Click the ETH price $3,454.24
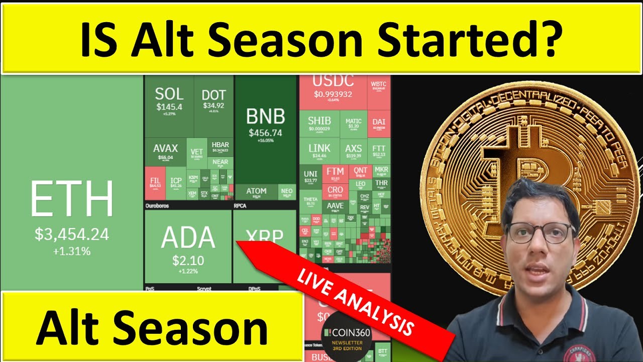click(72, 234)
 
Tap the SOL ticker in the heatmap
click(169, 94)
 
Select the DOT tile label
click(213, 95)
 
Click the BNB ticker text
click(265, 117)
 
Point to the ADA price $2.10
click(187, 260)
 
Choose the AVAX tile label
click(165, 148)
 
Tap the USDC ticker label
click(333, 81)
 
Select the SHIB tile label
click(319, 121)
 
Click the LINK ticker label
click(319, 148)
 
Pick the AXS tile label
click(354, 148)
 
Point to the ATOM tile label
click(256, 191)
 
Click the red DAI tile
click(379, 122)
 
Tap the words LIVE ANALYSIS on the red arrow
click(355, 302)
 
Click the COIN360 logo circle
click(347, 337)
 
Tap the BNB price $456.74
click(265, 133)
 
